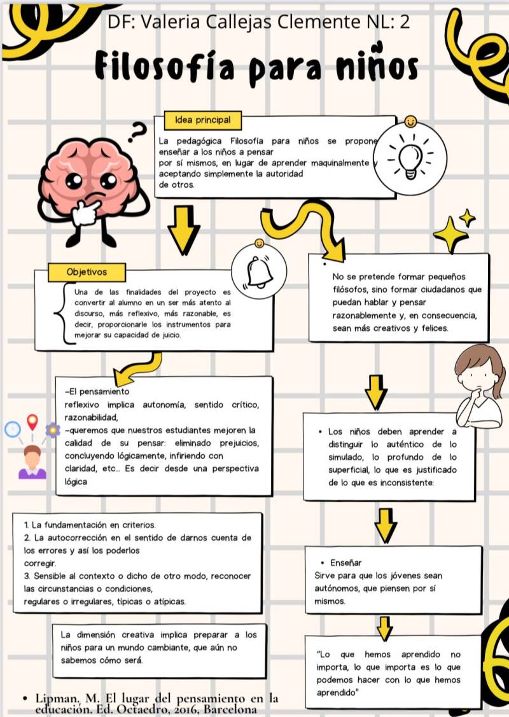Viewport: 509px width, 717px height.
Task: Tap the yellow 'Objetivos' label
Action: (x=87, y=272)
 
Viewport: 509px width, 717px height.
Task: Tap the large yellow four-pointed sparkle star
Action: (x=450, y=234)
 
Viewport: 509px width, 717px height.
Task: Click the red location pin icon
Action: (x=32, y=422)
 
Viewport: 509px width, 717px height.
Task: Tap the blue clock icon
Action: (x=12, y=429)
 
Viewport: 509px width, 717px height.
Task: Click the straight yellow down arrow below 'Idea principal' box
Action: (x=183, y=228)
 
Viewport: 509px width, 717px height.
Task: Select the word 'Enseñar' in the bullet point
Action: (x=346, y=562)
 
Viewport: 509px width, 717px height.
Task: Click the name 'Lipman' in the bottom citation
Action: (x=59, y=698)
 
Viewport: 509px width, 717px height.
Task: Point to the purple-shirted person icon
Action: (x=32, y=463)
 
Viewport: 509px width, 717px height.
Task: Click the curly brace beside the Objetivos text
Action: (x=62, y=314)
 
